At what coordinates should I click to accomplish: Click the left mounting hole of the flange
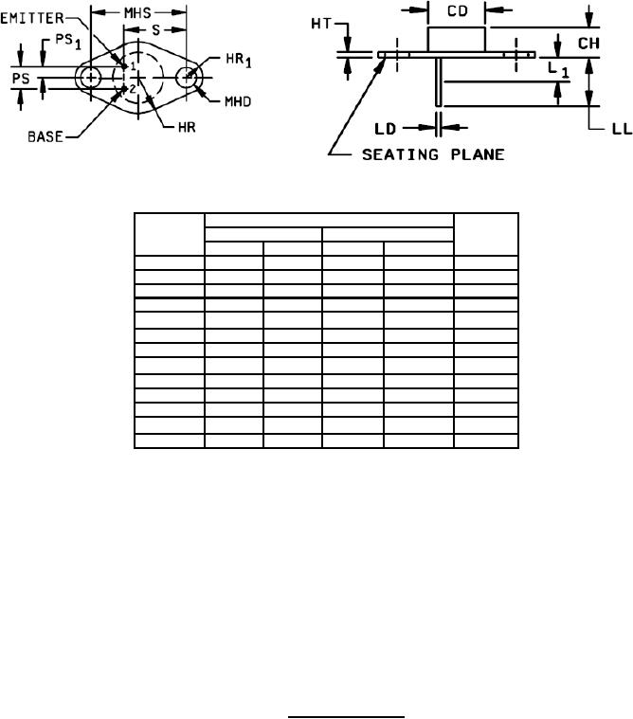coord(90,78)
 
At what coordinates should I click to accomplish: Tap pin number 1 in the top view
coord(134,65)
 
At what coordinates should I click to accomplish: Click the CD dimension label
coord(456,11)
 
